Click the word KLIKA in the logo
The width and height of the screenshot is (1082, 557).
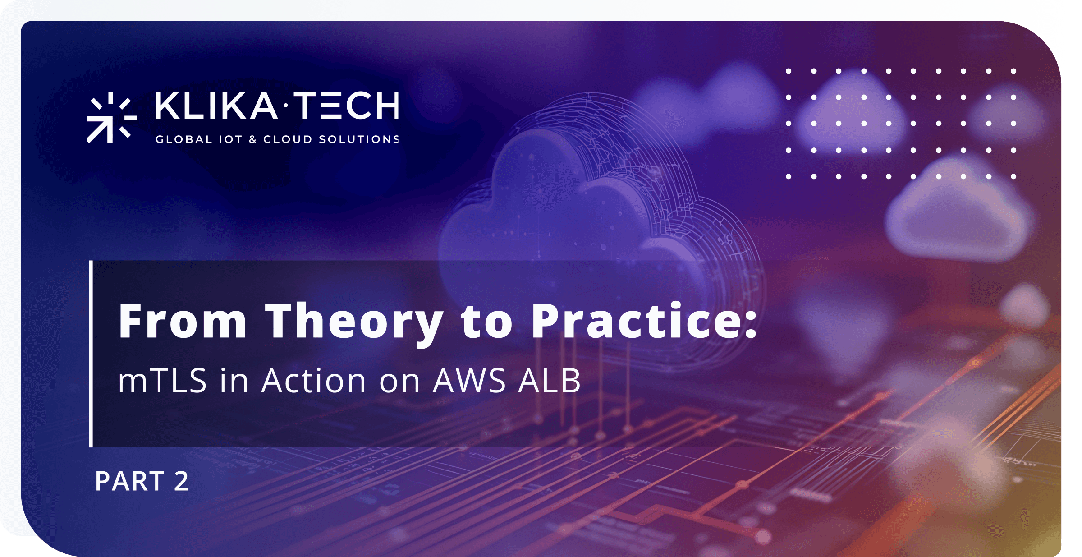coord(216,105)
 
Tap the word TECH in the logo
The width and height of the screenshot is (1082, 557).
coord(347,105)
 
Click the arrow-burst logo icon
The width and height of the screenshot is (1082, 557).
coord(111,117)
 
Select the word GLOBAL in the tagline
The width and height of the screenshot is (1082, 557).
coord(183,139)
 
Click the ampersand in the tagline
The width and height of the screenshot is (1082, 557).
coord(252,139)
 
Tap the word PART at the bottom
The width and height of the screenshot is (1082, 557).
coord(130,481)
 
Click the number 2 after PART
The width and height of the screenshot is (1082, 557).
coord(181,481)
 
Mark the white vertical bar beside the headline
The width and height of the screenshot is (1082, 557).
coord(91,354)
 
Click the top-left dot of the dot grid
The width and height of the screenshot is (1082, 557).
coord(789,71)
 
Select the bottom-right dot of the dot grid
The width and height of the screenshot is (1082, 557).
coord(1013,176)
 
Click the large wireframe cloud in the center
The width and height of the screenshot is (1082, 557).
coord(586,216)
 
